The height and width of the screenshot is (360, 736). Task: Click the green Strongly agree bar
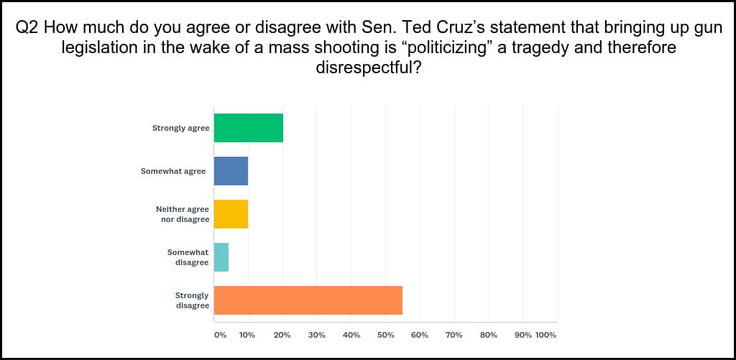[249, 128]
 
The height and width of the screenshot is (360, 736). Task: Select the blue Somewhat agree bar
[231, 171]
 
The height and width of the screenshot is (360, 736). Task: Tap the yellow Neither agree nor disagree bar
[231, 213]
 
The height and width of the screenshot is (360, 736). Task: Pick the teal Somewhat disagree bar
[221, 257]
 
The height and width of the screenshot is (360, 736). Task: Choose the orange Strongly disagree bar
[308, 300]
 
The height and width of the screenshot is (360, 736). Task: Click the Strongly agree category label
[180, 128]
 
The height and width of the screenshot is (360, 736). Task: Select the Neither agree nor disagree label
[183, 213]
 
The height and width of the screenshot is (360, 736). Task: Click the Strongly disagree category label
[192, 300]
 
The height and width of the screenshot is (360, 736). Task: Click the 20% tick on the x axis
[282, 335]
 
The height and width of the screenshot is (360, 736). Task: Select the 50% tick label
[385, 335]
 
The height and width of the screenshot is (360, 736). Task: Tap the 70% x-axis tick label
[454, 335]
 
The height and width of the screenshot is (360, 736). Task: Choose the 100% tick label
[546, 335]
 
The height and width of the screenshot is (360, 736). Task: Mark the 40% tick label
[351, 335]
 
